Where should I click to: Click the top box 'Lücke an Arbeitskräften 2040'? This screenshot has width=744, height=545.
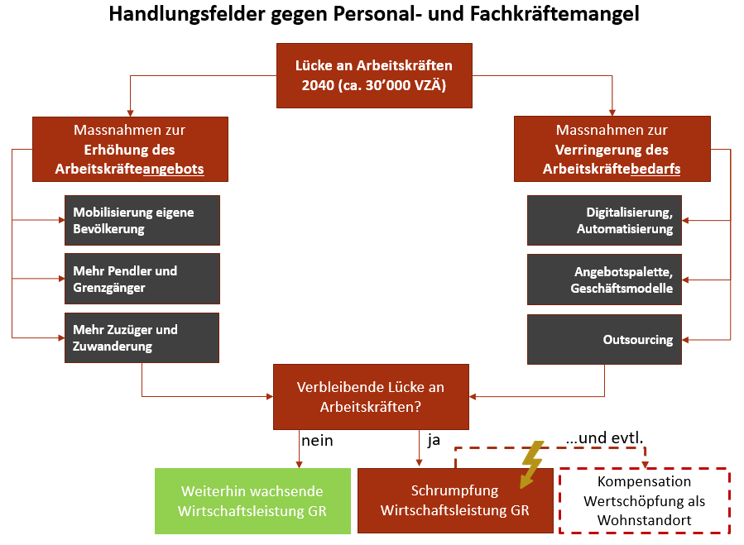[x=374, y=75]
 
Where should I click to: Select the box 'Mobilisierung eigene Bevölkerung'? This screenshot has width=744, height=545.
[x=142, y=220]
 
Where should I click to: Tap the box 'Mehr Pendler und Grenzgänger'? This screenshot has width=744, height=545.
[x=142, y=279]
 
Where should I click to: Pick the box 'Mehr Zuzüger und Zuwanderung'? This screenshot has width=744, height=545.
[x=142, y=337]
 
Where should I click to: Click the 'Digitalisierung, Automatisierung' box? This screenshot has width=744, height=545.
[x=604, y=220]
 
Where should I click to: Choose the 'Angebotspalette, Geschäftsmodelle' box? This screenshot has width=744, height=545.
[x=604, y=280]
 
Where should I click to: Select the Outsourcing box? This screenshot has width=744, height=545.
[x=604, y=340]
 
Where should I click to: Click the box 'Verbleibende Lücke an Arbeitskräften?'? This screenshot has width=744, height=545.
[x=371, y=397]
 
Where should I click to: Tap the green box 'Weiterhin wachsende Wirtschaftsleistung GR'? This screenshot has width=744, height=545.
[x=253, y=501]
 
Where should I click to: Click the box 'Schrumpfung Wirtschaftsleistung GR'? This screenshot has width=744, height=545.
[x=455, y=500]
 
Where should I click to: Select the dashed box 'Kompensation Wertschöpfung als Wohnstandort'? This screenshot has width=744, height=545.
[x=645, y=501]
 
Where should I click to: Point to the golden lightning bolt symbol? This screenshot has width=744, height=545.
[x=531, y=464]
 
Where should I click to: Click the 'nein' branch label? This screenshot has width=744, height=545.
[x=317, y=441]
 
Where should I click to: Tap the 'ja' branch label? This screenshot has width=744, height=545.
[x=434, y=440]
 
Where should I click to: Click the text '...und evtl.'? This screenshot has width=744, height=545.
[x=604, y=437]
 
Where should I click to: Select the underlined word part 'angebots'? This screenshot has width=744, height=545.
[x=173, y=170]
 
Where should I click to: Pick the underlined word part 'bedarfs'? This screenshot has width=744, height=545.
[x=655, y=170]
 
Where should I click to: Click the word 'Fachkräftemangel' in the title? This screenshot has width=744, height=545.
[x=554, y=14]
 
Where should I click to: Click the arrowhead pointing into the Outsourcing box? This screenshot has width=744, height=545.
[x=685, y=340]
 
